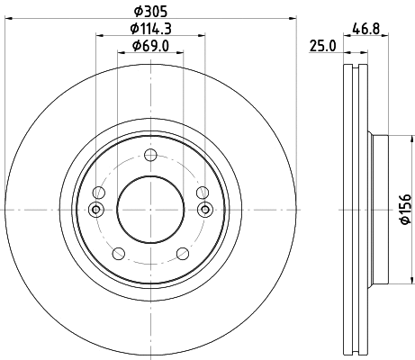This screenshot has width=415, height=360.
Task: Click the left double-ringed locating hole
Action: (x=96, y=210)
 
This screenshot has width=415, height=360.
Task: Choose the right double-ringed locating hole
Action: (x=204, y=210)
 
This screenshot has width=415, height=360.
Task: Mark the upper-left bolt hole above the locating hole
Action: (x=100, y=193)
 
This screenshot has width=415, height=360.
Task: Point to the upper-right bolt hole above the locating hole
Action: (x=202, y=193)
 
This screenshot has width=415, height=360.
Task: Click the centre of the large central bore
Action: (x=150, y=209)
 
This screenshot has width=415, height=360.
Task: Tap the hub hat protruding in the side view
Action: (x=379, y=210)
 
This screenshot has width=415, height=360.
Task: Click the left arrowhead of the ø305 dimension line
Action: (x=8, y=19)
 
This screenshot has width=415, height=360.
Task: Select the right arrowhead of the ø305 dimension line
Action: (x=293, y=19)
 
